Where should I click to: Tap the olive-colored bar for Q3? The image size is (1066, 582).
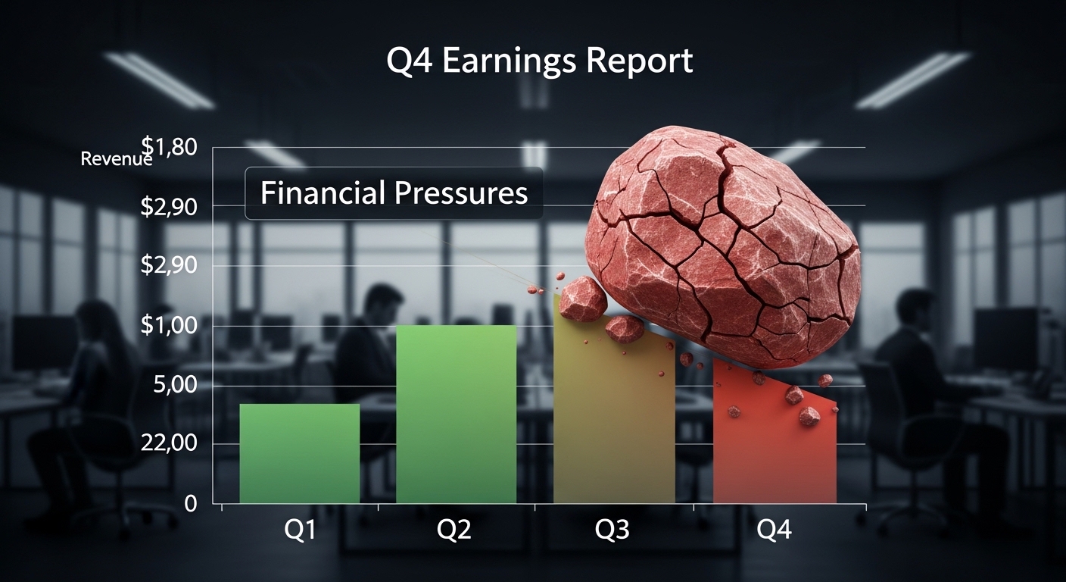[614, 424]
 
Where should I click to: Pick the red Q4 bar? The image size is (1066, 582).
[774, 447]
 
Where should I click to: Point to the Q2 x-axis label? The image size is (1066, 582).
[454, 530]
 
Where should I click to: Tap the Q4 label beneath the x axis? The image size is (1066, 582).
[774, 530]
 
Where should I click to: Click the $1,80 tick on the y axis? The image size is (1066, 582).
[169, 146]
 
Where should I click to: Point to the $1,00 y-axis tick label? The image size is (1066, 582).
[169, 326]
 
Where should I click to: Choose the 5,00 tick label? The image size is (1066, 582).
[173, 385]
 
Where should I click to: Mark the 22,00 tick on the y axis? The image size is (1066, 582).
[169, 444]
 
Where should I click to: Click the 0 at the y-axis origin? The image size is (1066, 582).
[190, 504]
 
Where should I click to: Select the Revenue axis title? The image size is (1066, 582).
[116, 159]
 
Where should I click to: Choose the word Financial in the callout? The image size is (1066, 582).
[321, 193]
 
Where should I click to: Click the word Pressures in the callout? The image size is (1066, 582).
[460, 193]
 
